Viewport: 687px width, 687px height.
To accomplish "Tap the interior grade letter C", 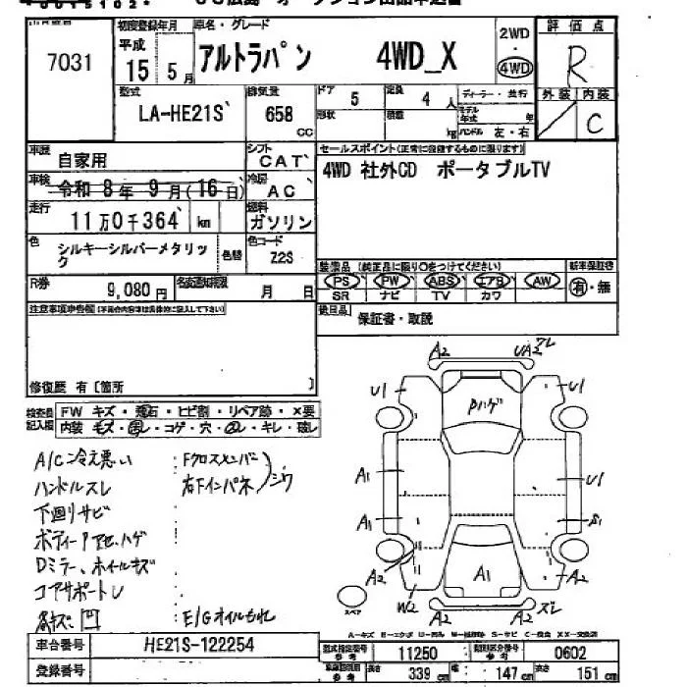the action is click(x=594, y=125).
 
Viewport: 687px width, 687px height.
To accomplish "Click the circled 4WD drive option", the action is click(x=516, y=69).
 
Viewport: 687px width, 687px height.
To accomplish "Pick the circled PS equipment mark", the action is click(x=343, y=281).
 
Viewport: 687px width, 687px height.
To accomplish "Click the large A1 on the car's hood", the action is click(x=481, y=572).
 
